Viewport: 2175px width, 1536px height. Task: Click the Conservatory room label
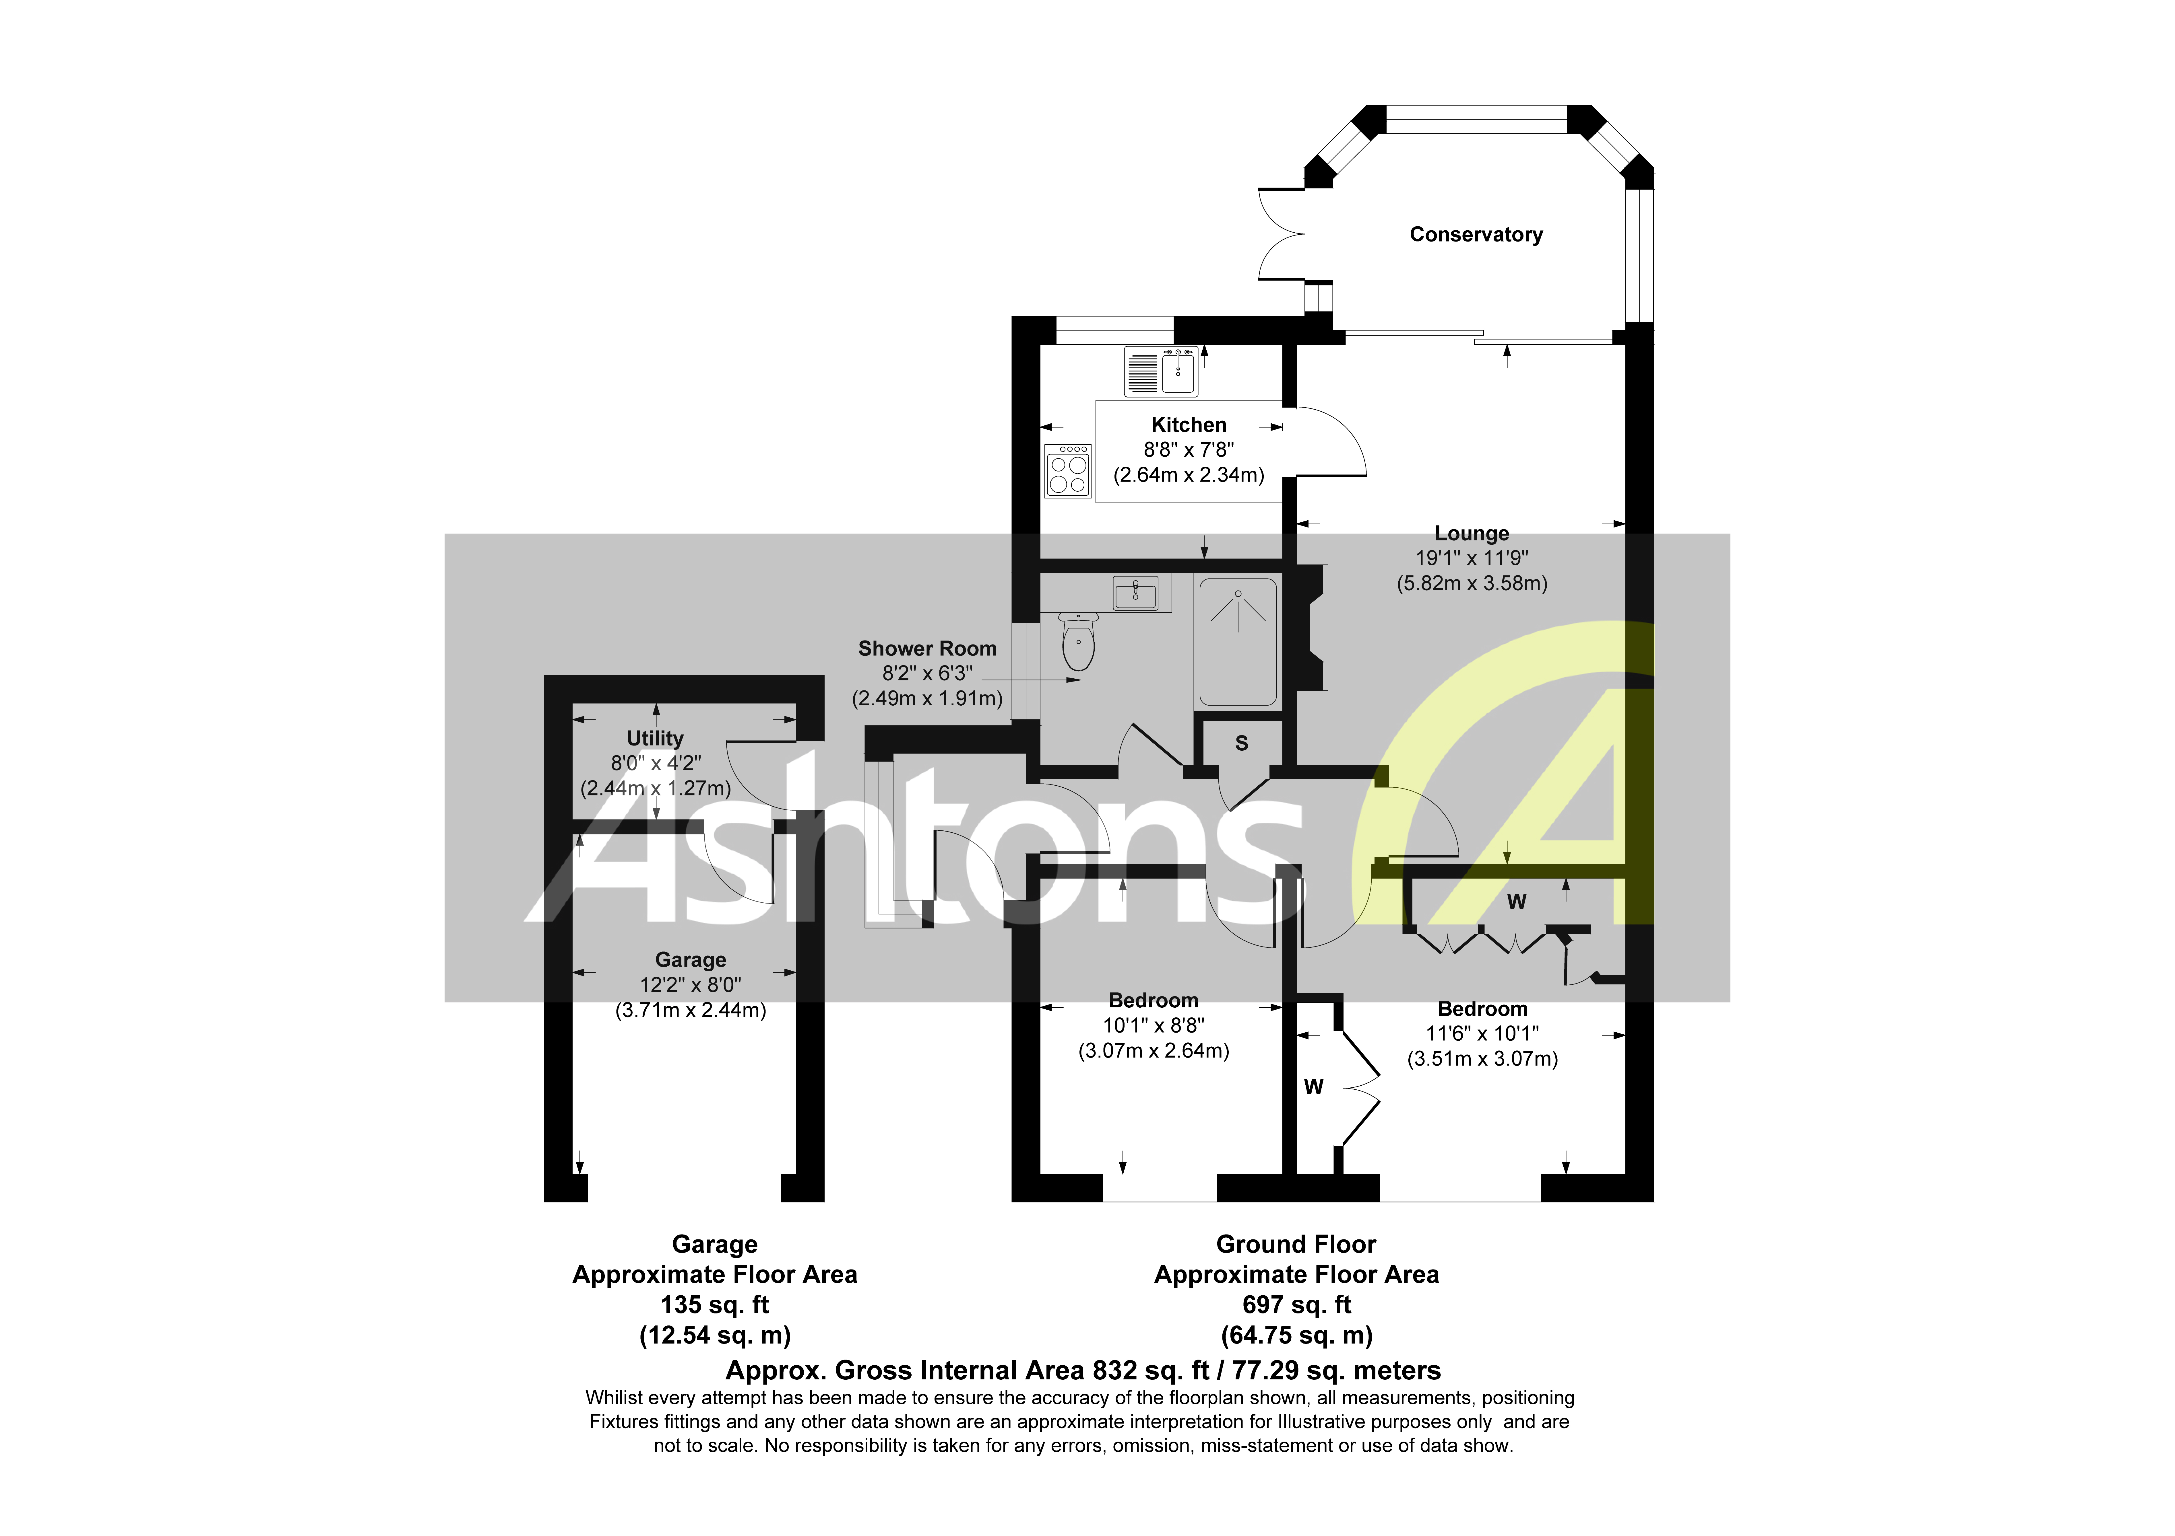(1475, 235)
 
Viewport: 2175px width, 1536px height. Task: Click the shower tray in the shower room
(1238, 642)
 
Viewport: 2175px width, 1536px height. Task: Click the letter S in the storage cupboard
(1241, 744)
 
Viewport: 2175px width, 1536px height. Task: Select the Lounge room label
(1471, 534)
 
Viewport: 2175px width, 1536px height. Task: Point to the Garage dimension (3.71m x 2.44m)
(691, 1011)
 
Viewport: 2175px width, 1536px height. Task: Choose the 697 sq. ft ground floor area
(1296, 1305)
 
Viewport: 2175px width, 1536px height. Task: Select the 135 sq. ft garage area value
(714, 1305)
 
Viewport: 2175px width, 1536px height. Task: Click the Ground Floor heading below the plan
(1296, 1244)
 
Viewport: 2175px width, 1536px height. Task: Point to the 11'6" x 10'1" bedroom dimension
(1482, 1034)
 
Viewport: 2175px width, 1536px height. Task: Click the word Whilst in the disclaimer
(614, 1398)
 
